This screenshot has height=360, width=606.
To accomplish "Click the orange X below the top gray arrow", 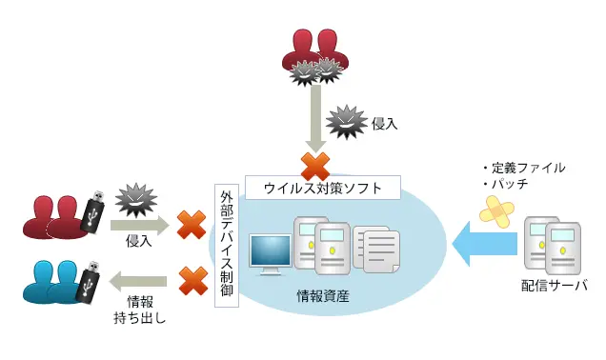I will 315,166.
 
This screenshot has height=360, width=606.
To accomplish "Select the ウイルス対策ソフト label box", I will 323,188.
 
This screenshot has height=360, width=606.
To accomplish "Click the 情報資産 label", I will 323,297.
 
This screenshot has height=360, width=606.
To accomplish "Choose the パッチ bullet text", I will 504,183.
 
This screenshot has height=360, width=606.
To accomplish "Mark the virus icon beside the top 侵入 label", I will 346,122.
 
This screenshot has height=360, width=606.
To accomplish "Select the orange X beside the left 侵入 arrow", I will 192,226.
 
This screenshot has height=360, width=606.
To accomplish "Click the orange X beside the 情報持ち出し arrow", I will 192,280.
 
